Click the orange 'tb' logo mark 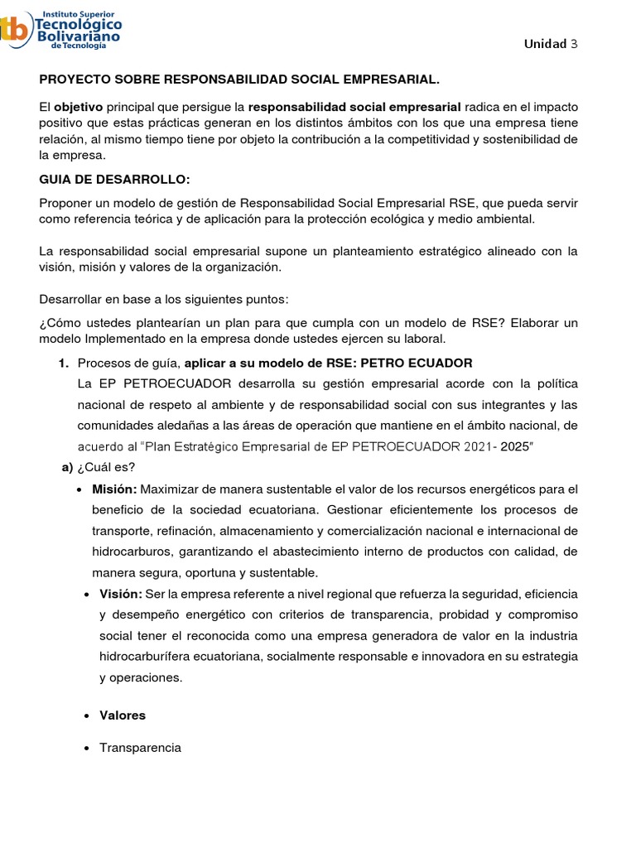click(x=12, y=31)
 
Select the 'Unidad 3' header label click(x=550, y=44)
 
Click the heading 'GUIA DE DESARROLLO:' click(x=103, y=180)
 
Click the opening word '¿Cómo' click(x=59, y=322)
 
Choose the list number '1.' click(x=63, y=363)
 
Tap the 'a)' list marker click(x=68, y=467)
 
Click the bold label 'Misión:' click(x=114, y=489)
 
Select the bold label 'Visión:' click(x=121, y=595)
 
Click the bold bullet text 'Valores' click(x=123, y=715)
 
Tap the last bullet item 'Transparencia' click(x=140, y=748)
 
